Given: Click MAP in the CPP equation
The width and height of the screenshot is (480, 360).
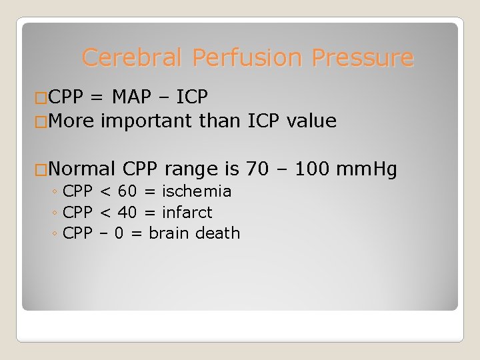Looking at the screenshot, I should click(x=133, y=98).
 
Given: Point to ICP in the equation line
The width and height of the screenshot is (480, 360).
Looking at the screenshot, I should click(x=192, y=98).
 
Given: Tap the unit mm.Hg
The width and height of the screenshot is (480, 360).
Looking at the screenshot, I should click(x=367, y=169).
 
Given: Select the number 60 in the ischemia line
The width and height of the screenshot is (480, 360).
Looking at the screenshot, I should click(x=127, y=191).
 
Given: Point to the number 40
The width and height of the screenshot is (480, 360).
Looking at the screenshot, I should click(x=127, y=213).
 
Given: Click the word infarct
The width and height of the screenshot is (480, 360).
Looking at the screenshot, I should click(x=187, y=213).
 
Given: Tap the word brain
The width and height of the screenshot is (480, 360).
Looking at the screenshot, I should click(x=170, y=233).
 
